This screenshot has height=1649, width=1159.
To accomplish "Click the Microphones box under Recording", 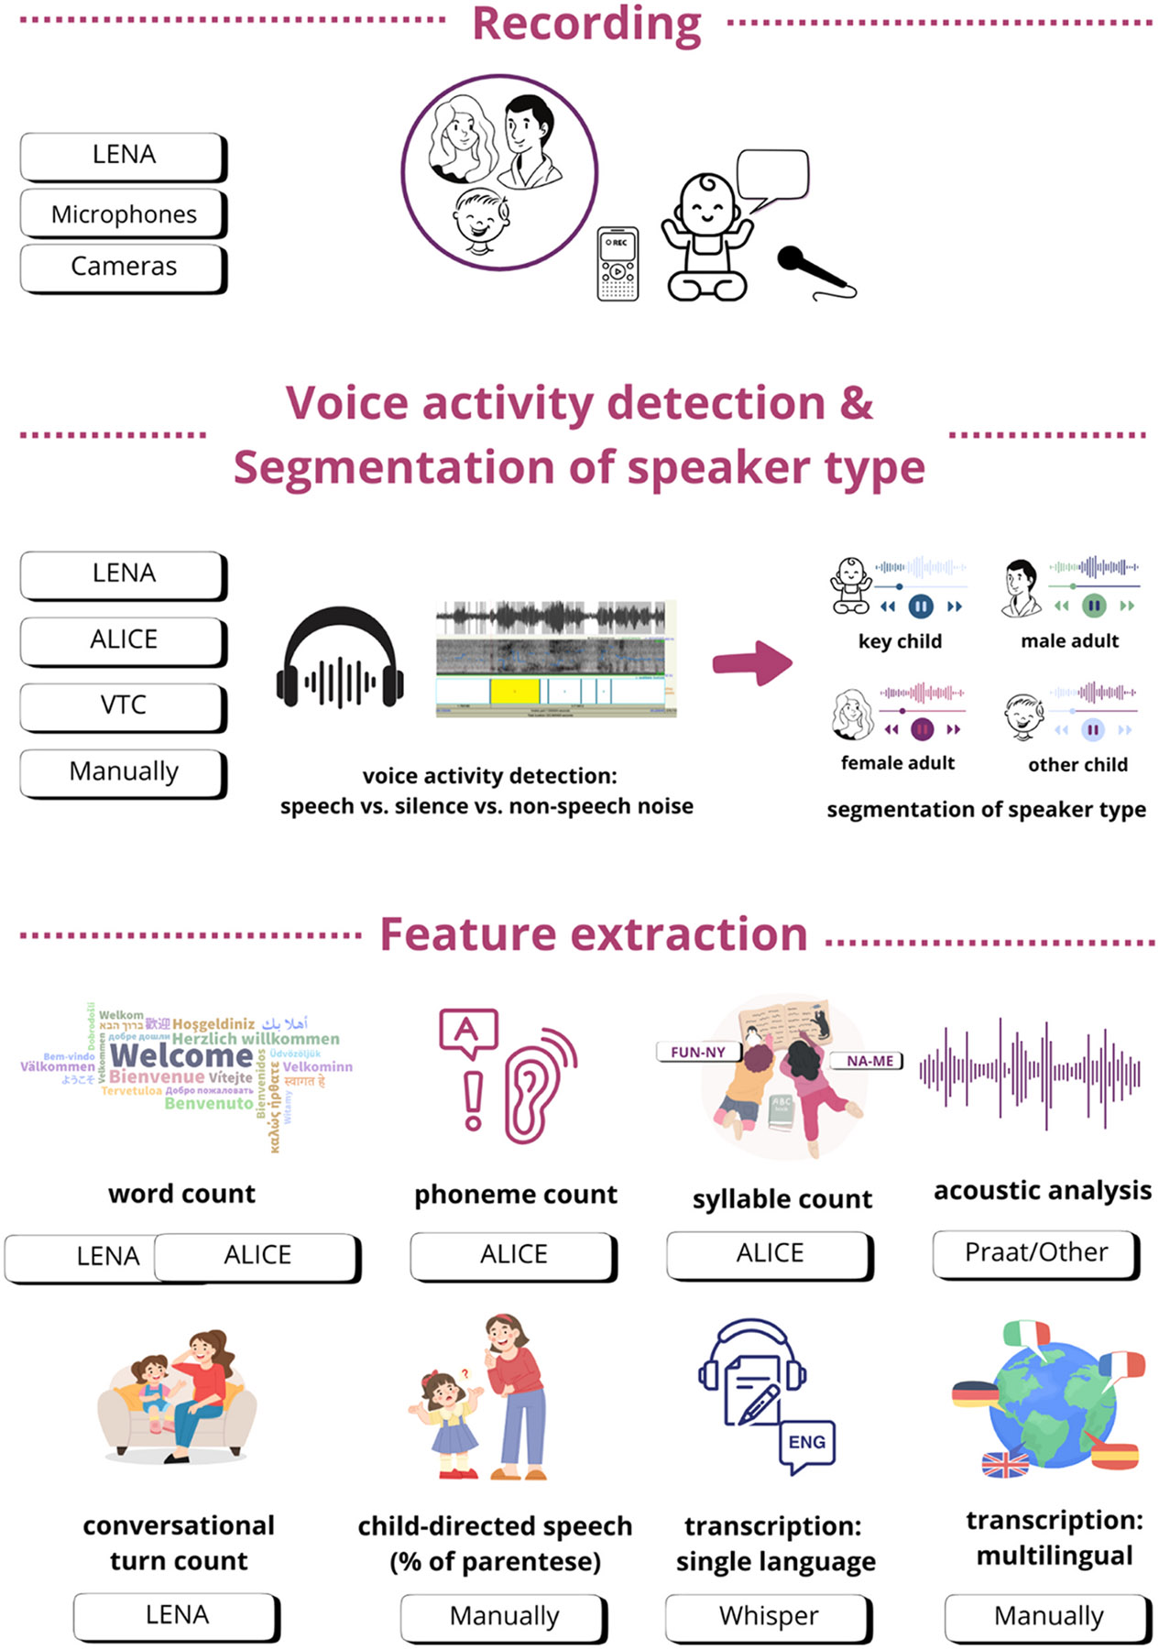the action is tap(124, 214).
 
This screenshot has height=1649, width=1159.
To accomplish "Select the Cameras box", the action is tap(124, 267).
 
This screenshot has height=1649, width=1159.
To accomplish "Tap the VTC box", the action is tap(124, 705).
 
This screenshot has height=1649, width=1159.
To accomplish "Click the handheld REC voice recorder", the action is tap(618, 264).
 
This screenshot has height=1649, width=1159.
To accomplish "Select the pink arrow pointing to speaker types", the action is tap(752, 662).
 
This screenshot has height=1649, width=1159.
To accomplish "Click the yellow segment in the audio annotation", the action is tap(514, 690).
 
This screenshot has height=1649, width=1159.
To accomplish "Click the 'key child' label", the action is tap(900, 641).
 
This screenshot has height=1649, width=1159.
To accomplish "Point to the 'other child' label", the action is tap(1077, 765).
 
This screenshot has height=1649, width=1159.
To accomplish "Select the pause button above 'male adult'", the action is tap(1093, 606).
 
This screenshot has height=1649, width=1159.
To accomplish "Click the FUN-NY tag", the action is tap(698, 1053).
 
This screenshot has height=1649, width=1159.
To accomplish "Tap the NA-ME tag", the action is tap(869, 1061).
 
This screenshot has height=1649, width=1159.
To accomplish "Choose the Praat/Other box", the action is tap(1036, 1252).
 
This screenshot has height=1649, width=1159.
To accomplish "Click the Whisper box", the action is tap(769, 1616).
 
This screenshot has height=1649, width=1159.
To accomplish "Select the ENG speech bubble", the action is tap(806, 1443).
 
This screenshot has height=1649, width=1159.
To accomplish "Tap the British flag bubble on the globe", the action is tap(1005, 1465).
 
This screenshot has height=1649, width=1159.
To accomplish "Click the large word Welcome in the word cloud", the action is tap(180, 1056).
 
